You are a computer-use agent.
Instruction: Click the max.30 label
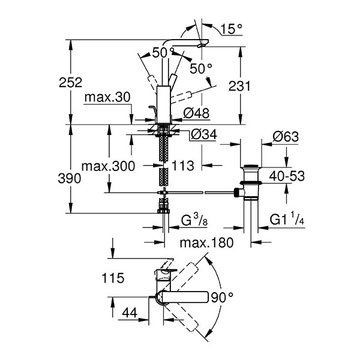point(105,97)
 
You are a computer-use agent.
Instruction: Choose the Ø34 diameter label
point(203,136)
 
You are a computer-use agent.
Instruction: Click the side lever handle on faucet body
point(152,110)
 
